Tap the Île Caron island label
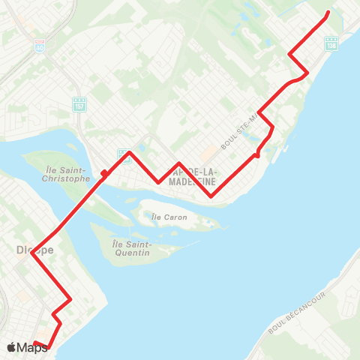coord(169,217)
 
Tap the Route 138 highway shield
coord(332,45)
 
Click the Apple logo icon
coord(11,347)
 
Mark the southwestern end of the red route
coord(34,343)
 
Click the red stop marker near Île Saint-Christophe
coord(103,173)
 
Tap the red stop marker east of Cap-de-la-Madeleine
coord(257,155)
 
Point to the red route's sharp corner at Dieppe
coord(31,253)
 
